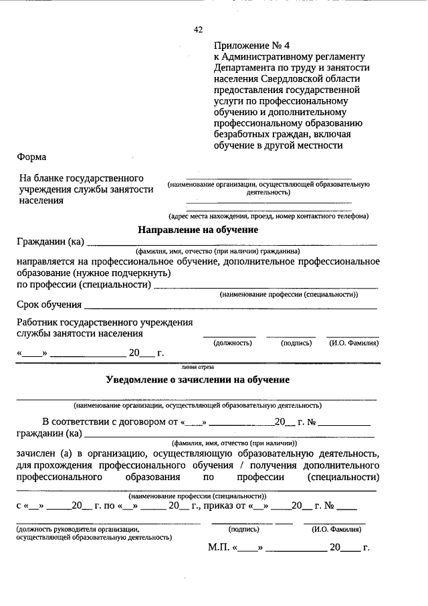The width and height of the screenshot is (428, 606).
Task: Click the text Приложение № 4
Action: (252, 46)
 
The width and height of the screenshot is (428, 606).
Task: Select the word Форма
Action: (31, 157)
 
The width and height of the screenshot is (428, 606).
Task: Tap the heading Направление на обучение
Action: (198, 229)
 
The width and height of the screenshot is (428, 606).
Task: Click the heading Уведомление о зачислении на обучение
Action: (198, 380)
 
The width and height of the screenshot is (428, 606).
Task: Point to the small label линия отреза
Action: (197, 367)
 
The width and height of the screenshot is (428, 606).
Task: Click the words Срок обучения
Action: (45, 305)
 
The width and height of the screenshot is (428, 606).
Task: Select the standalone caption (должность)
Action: (232, 343)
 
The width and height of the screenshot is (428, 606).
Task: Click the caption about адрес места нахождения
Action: (268, 216)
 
